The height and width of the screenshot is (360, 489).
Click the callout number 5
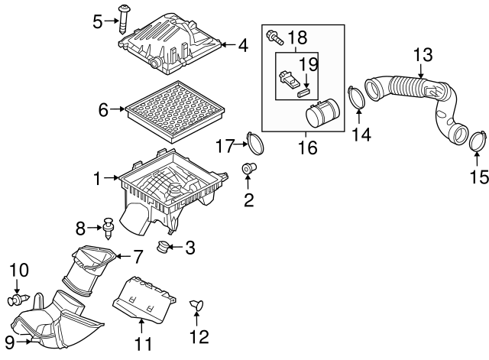pos(97,21)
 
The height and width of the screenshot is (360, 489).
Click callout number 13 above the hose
pos(423,55)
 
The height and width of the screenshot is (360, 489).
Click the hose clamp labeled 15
pos(478,141)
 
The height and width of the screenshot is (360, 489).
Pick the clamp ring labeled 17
pos(254,143)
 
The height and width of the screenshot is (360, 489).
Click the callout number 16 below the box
pos(306,148)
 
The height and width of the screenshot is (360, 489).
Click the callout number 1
pos(97,179)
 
